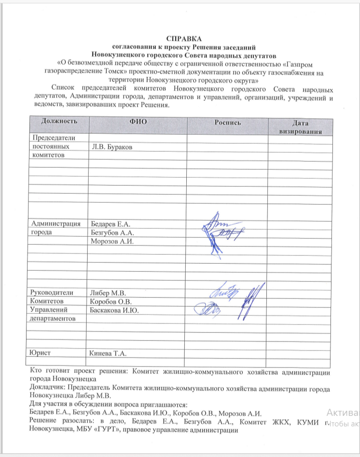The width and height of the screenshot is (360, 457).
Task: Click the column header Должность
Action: (x=59, y=122)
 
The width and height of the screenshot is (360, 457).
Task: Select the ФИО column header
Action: (x=138, y=122)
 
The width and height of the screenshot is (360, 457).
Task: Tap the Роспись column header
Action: (x=228, y=122)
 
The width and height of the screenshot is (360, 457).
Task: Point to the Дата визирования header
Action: (x=300, y=127)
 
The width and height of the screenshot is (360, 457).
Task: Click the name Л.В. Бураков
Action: (x=113, y=147)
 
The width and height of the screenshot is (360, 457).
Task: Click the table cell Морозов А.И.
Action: (x=113, y=242)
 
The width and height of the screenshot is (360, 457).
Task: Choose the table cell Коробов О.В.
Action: (x=110, y=302)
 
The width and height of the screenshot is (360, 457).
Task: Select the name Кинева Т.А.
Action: (x=108, y=354)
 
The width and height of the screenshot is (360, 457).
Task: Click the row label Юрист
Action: (x=42, y=353)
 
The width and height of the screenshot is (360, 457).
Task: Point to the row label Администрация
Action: (x=56, y=224)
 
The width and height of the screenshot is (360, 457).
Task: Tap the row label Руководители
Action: (x=52, y=293)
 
